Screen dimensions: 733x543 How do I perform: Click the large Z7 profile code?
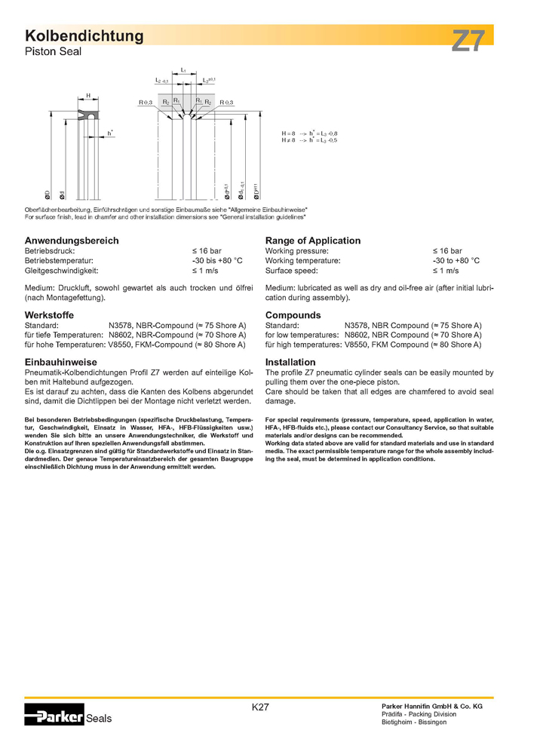(x=470, y=40)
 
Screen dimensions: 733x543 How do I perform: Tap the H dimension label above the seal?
(x=88, y=96)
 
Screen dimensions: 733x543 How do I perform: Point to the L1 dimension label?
(x=184, y=70)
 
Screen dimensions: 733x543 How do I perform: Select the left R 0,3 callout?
(x=145, y=103)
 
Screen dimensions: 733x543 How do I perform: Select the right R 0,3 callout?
(x=226, y=103)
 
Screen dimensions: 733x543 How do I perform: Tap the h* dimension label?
(x=110, y=133)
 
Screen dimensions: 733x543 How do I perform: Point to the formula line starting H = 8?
(x=310, y=133)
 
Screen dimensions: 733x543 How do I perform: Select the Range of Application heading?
(x=313, y=241)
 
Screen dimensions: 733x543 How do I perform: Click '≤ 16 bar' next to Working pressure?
(x=447, y=250)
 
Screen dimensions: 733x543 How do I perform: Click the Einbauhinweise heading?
(x=61, y=362)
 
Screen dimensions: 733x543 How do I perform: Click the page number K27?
(x=261, y=707)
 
